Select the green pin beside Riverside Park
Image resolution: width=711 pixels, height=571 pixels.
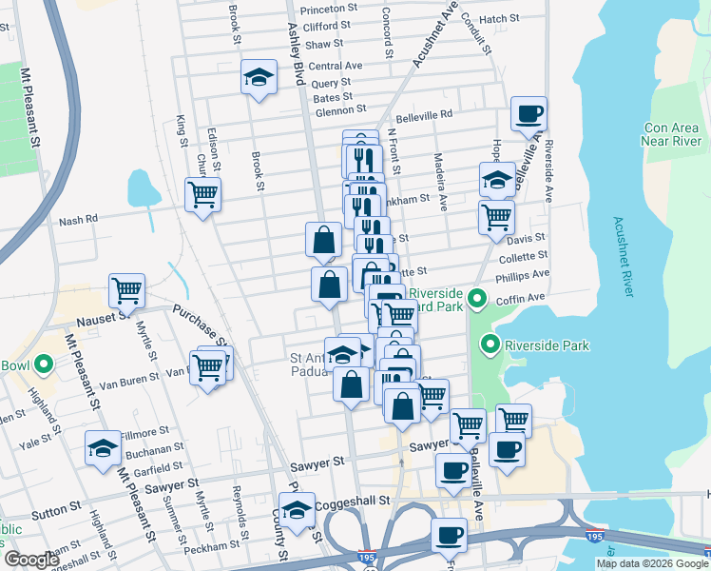click(490, 345)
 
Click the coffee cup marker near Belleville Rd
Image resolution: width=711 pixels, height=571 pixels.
click(529, 115)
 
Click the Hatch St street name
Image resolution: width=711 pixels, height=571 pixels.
click(499, 18)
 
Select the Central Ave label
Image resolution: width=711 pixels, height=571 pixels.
click(336, 66)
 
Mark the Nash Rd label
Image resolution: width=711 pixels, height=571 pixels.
click(78, 220)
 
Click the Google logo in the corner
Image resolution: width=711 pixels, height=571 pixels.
click(31, 560)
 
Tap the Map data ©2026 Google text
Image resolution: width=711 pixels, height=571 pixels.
click(651, 563)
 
